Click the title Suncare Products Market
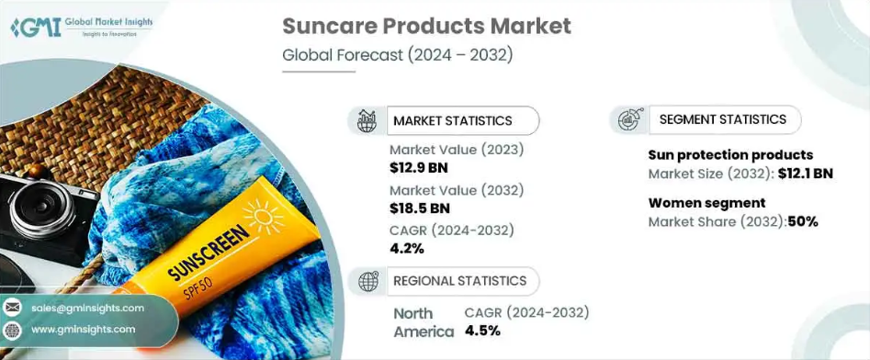[x=426, y=26]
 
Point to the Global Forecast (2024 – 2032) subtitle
[x=397, y=55]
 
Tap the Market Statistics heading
[x=452, y=120]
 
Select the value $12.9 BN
[x=418, y=167]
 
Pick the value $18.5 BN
[x=420, y=208]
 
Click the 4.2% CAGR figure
[x=407, y=249]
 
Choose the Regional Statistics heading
[x=460, y=281]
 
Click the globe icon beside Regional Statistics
[x=367, y=281]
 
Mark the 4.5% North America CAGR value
[x=482, y=332]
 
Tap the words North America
[x=424, y=322]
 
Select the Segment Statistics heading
[x=723, y=119]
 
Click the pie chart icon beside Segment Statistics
[x=629, y=119]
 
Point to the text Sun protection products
[x=730, y=155]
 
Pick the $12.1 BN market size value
[x=805, y=174]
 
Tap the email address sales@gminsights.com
[x=87, y=308]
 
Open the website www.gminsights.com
[x=84, y=330]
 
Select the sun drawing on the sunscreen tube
[x=263, y=218]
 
